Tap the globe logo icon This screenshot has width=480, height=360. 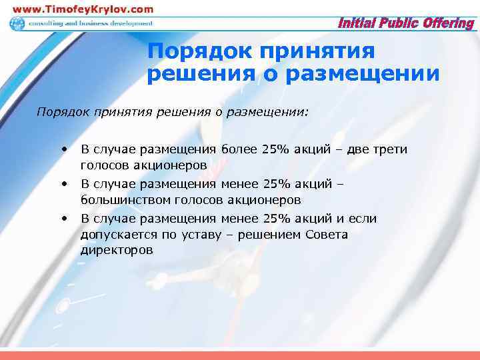[x=17, y=23]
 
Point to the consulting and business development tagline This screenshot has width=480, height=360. [x=90, y=23]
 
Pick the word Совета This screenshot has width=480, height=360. [x=327, y=235]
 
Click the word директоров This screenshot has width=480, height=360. [x=117, y=251]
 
